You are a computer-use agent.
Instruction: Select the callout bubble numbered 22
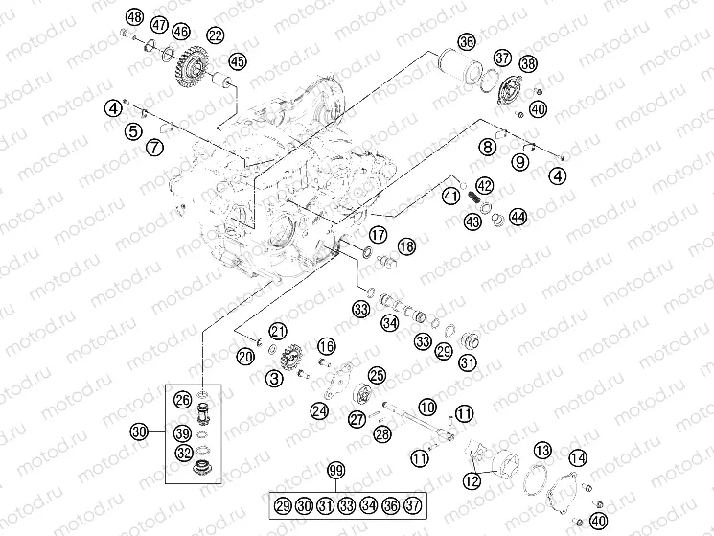pyautogui.click(x=216, y=35)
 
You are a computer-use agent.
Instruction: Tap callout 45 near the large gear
pyautogui.click(x=237, y=61)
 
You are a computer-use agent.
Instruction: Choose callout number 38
pyautogui.click(x=528, y=64)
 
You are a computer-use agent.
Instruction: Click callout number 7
pyautogui.click(x=153, y=147)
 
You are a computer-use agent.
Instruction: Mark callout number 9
pyautogui.click(x=519, y=162)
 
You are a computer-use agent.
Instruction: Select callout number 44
pyautogui.click(x=518, y=217)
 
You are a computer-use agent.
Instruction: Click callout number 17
pyautogui.click(x=379, y=233)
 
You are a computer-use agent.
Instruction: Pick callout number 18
pyautogui.click(x=406, y=246)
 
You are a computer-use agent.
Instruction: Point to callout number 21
pyautogui.click(x=277, y=332)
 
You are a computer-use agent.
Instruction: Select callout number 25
pyautogui.click(x=377, y=375)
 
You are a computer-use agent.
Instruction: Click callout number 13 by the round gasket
pyautogui.click(x=543, y=451)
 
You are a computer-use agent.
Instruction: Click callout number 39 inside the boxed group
pyautogui.click(x=182, y=432)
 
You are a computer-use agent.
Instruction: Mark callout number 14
pyautogui.click(x=578, y=457)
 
